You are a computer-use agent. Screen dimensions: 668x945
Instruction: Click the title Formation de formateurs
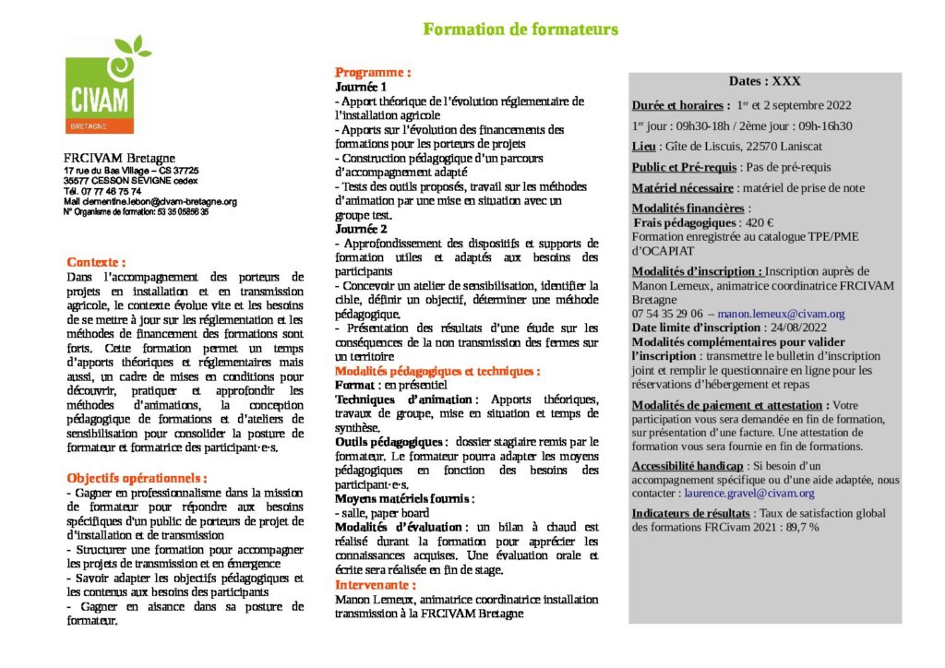pos(520,30)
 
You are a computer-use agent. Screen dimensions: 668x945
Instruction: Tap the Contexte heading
pos(96,262)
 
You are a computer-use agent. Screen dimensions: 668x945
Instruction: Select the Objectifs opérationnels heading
pos(137,478)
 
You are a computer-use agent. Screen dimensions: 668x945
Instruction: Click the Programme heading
pos(373,72)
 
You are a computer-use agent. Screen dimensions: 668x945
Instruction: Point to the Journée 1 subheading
pos(361,87)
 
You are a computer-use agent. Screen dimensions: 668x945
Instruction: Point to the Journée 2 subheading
pos(361,228)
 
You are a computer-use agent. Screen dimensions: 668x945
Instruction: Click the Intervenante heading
pos(375,585)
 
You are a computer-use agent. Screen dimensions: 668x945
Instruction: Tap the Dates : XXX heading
pos(764,81)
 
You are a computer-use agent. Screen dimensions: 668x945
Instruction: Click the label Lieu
pos(643,146)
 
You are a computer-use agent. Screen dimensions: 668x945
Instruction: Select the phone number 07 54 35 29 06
pos(667,314)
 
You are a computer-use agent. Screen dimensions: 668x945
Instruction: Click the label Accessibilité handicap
pos(688,465)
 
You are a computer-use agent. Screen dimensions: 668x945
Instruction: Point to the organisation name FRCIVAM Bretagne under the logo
pos(119,158)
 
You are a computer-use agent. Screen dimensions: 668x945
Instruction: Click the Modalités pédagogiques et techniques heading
pos(437,371)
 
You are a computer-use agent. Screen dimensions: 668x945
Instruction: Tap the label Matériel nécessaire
pos(682,187)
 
